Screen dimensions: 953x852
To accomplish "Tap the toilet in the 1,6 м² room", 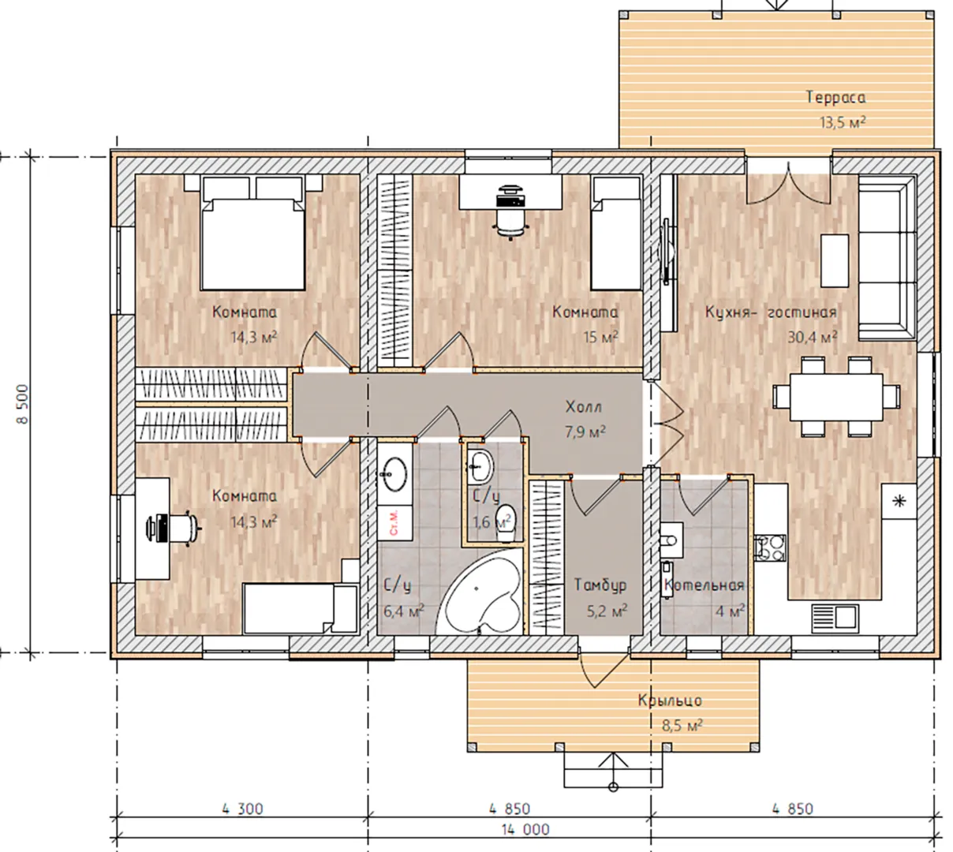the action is click(x=506, y=522).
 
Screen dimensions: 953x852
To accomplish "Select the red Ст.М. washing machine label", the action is click(x=394, y=521).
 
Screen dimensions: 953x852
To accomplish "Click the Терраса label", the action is click(x=836, y=97).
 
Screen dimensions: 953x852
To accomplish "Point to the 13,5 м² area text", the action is click(x=843, y=122).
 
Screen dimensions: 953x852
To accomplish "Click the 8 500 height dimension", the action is click(x=23, y=404).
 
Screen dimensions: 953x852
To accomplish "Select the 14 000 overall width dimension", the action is click(x=525, y=829).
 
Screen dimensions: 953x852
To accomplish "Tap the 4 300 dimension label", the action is click(x=242, y=809).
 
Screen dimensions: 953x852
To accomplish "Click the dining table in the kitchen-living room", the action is click(x=836, y=397).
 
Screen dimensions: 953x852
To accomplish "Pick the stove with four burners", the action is click(x=770, y=548).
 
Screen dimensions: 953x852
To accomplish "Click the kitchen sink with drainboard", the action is click(x=835, y=618).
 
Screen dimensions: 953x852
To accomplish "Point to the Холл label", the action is click(x=583, y=407).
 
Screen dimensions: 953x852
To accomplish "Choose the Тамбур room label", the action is click(x=600, y=585).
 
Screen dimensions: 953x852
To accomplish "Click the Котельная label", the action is click(x=704, y=585).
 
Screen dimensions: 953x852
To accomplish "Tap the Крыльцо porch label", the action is click(x=670, y=701).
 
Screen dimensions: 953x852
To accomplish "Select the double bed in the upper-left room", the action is click(x=253, y=233).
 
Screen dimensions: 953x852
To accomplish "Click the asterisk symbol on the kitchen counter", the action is click(x=899, y=502).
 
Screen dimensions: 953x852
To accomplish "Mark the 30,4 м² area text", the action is click(x=813, y=337).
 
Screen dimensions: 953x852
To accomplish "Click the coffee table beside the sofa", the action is click(x=835, y=260).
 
